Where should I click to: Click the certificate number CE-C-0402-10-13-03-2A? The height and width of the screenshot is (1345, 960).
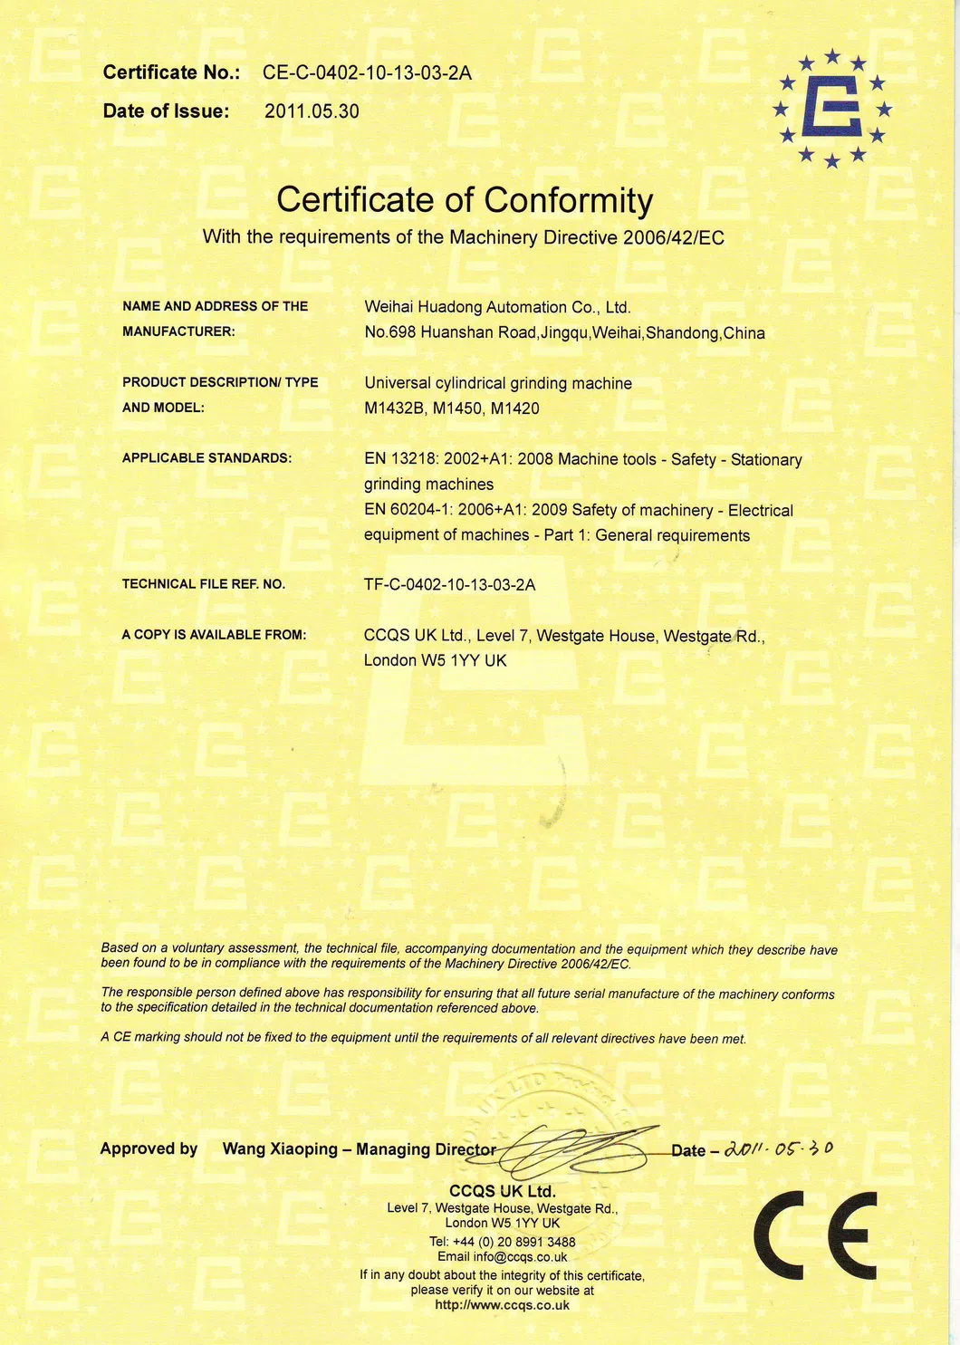(367, 73)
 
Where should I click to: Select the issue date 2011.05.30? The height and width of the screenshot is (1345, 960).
(312, 111)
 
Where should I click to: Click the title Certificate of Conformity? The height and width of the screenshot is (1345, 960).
(464, 200)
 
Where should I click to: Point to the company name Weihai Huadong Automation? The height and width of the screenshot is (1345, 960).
(497, 307)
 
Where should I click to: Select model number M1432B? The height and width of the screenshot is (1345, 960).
(394, 408)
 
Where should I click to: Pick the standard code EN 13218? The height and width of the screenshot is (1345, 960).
(401, 459)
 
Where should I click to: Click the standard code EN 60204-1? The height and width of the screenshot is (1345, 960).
(408, 510)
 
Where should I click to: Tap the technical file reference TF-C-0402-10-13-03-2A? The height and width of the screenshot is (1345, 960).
(449, 584)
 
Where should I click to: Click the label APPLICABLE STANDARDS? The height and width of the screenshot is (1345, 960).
(206, 458)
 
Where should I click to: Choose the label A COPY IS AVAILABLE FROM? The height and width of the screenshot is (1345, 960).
(214, 635)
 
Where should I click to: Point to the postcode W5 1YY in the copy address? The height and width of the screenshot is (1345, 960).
(450, 660)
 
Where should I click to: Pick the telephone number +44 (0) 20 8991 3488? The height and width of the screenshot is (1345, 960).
(514, 1242)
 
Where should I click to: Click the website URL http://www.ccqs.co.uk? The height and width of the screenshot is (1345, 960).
(503, 1305)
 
